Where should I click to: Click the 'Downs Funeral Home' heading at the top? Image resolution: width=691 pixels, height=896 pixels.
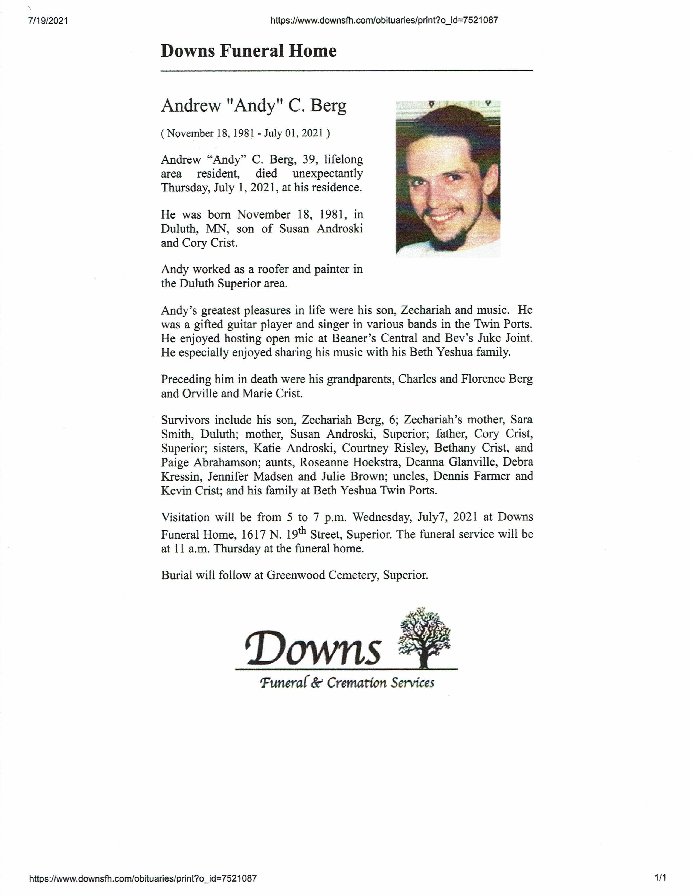pos(248,51)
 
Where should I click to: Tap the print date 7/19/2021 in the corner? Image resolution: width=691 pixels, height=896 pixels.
pos(48,21)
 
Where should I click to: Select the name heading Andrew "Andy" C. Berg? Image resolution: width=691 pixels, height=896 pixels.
pos(254,106)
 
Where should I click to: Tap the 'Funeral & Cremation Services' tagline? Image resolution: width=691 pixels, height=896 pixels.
pos(347,683)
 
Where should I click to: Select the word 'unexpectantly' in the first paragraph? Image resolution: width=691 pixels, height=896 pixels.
pos(327,173)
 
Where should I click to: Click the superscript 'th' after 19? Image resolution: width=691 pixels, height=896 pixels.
pos(302,531)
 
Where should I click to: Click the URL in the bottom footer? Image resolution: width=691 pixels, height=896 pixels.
pos(143,878)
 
